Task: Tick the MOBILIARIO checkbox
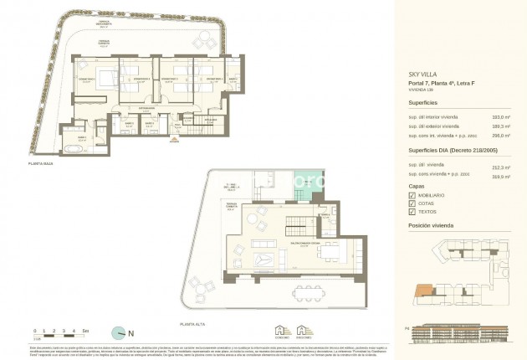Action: (412, 195)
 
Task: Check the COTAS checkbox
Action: (412, 204)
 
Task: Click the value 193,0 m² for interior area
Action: (501, 116)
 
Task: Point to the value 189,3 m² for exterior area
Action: (501, 126)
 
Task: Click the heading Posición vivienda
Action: (435, 226)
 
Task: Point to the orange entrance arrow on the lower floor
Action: (173, 139)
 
